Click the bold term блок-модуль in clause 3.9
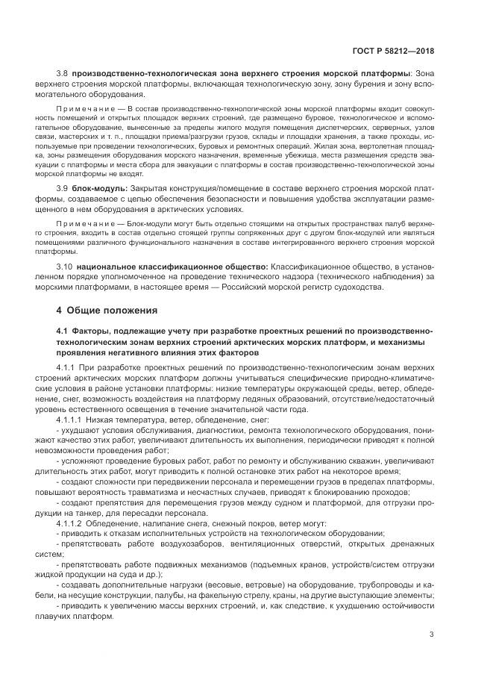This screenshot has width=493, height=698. click(x=100, y=190)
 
